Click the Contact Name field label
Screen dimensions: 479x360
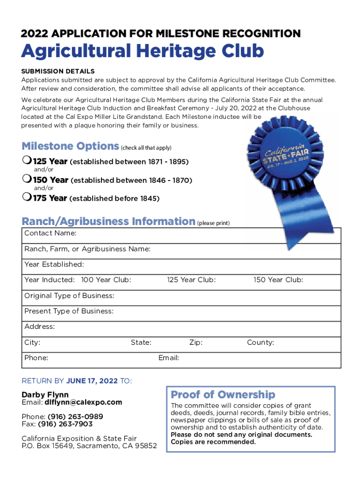coord(50,233)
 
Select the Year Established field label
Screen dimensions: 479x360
coord(54,264)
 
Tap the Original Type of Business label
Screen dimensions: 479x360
coord(69,296)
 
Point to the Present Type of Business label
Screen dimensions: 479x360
coord(69,311)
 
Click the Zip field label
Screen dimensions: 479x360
coord(196,342)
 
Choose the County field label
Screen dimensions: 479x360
coord(260,342)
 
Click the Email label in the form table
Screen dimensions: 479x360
coord(169,358)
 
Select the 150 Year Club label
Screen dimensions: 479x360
coord(278,280)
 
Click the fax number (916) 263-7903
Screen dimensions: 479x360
coord(65,424)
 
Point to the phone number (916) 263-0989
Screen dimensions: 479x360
coord(75,416)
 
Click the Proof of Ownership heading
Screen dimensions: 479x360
coord(223,394)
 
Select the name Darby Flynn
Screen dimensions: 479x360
coord(45,395)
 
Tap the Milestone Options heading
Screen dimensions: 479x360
coord(70,146)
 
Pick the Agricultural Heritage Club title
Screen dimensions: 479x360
coord(143,51)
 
